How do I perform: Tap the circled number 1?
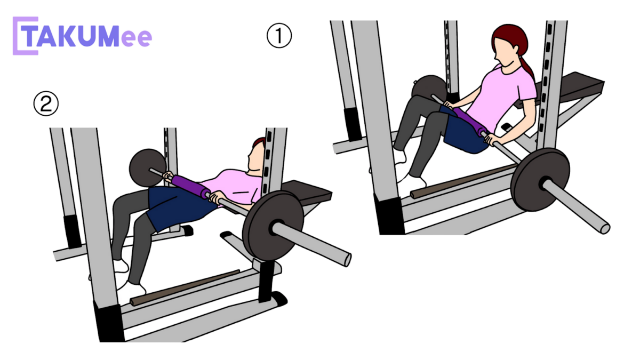pyautogui.click(x=279, y=36)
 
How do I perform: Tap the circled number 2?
pyautogui.click(x=46, y=103)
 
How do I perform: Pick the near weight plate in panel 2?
pyautogui.click(x=273, y=226)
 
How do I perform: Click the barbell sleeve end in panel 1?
pyautogui.click(x=605, y=229)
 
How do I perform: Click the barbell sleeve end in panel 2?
pyautogui.click(x=347, y=260)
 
